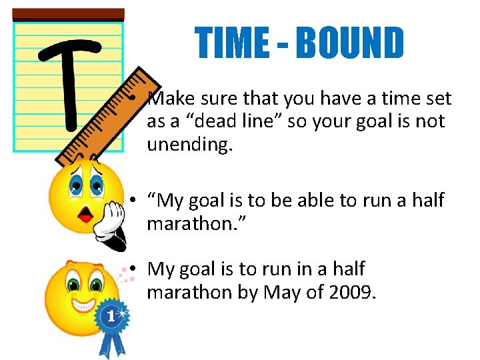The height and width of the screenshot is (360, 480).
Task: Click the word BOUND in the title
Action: coord(351,44)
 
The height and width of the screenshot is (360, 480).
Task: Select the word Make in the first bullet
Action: coord(170,99)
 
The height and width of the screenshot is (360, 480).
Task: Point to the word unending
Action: coord(189,146)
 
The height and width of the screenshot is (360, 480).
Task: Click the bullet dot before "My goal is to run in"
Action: coord(134,269)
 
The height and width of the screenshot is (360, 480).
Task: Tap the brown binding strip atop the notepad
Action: coord(68,14)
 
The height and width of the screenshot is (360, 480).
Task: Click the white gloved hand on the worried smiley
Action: coord(110,221)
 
